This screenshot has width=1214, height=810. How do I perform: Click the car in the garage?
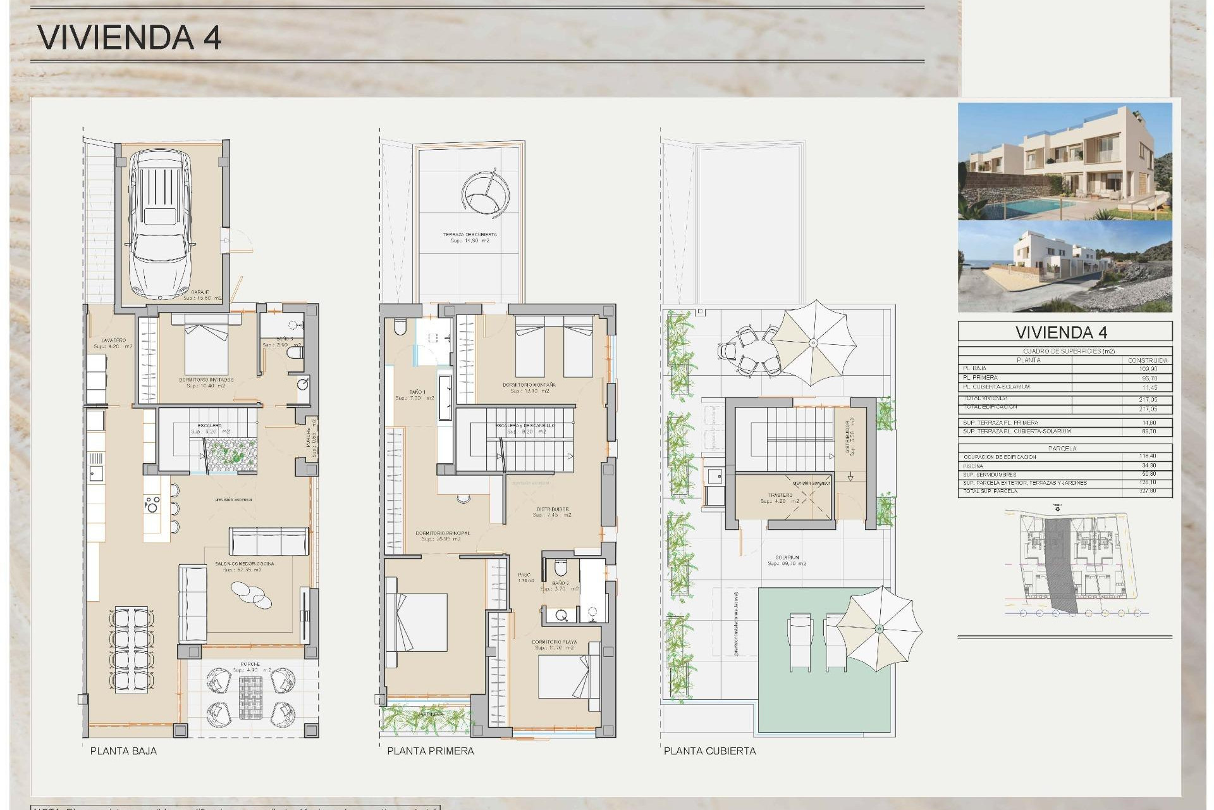click(160, 225)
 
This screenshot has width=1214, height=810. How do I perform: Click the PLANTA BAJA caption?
click(123, 751)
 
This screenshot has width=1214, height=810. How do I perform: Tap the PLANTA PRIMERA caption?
click(430, 751)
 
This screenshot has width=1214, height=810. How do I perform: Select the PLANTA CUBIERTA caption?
click(709, 751)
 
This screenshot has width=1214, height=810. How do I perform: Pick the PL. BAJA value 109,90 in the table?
click(1149, 369)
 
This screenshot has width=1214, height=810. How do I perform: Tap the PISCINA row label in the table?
click(973, 466)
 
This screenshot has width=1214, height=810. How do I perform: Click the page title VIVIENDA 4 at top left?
click(130, 37)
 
